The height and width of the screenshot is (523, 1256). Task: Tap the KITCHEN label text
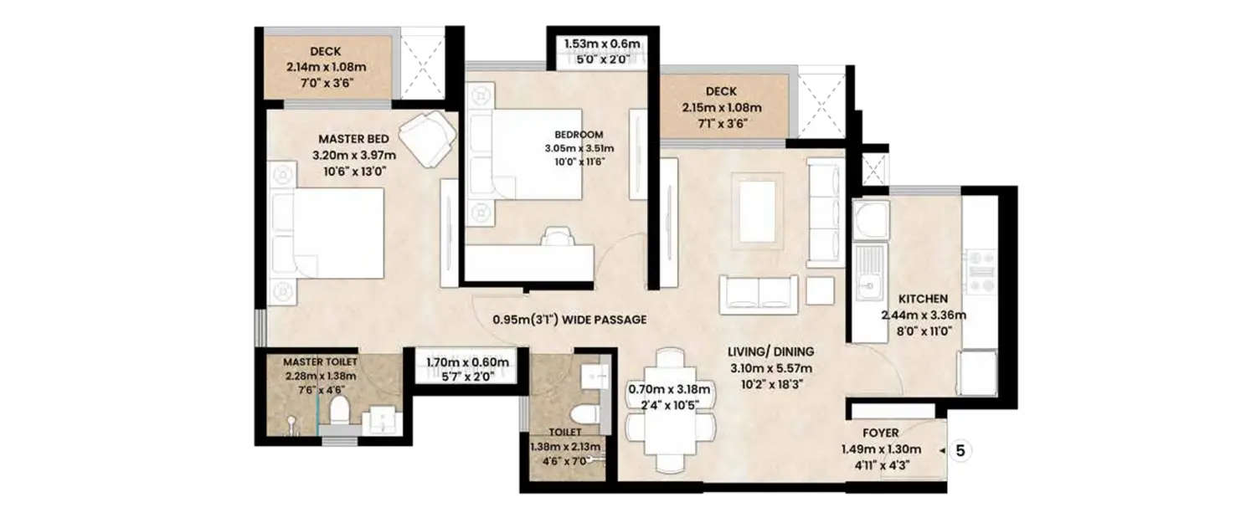coord(923,299)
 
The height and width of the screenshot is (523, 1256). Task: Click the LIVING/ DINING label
coord(770,351)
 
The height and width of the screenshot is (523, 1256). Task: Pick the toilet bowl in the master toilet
coord(339,411)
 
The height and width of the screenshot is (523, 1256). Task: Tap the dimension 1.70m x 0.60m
coord(467,362)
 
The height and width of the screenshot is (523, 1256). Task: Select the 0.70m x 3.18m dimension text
coord(669,389)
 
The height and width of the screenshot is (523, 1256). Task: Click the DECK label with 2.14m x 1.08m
coord(325,52)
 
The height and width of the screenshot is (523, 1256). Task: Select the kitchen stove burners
coord(979,271)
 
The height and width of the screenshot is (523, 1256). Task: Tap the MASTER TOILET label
coord(320,361)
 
